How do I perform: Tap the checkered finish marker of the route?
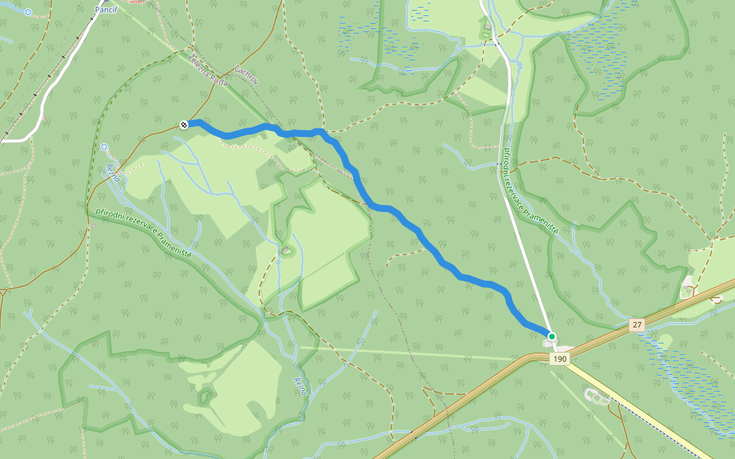[x=184, y=124]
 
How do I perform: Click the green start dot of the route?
[x=551, y=336]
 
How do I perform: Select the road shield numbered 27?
[x=637, y=325]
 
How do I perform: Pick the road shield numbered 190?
[x=560, y=359]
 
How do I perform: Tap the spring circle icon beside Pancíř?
[x=28, y=12]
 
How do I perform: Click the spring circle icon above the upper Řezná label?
[x=103, y=146]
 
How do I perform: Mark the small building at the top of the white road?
[x=485, y=32]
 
